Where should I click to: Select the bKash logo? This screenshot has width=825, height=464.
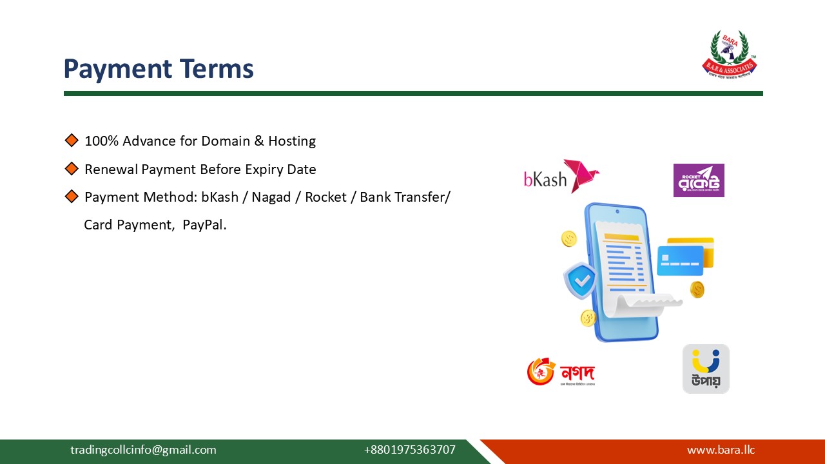pyautogui.click(x=561, y=177)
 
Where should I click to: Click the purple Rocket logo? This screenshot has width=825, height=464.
pyautogui.click(x=699, y=180)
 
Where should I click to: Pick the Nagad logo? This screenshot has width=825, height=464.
pyautogui.click(x=561, y=372)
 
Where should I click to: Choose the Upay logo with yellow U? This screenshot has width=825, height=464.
pyautogui.click(x=706, y=369)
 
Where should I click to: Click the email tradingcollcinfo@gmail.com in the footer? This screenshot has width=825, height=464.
pyautogui.click(x=143, y=450)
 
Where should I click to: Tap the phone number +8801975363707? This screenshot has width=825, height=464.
pyautogui.click(x=409, y=450)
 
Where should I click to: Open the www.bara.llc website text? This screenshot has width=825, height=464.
pyautogui.click(x=721, y=450)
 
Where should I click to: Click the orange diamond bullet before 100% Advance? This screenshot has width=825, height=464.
pyautogui.click(x=72, y=140)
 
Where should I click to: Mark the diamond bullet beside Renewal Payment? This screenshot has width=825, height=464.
pyautogui.click(x=72, y=169)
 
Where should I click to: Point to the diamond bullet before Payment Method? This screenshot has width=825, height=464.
pyautogui.click(x=72, y=197)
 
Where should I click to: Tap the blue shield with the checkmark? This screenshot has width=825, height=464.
pyautogui.click(x=581, y=280)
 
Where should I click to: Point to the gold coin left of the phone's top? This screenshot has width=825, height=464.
pyautogui.click(x=569, y=238)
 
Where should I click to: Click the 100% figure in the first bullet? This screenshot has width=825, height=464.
pyautogui.click(x=102, y=141)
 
